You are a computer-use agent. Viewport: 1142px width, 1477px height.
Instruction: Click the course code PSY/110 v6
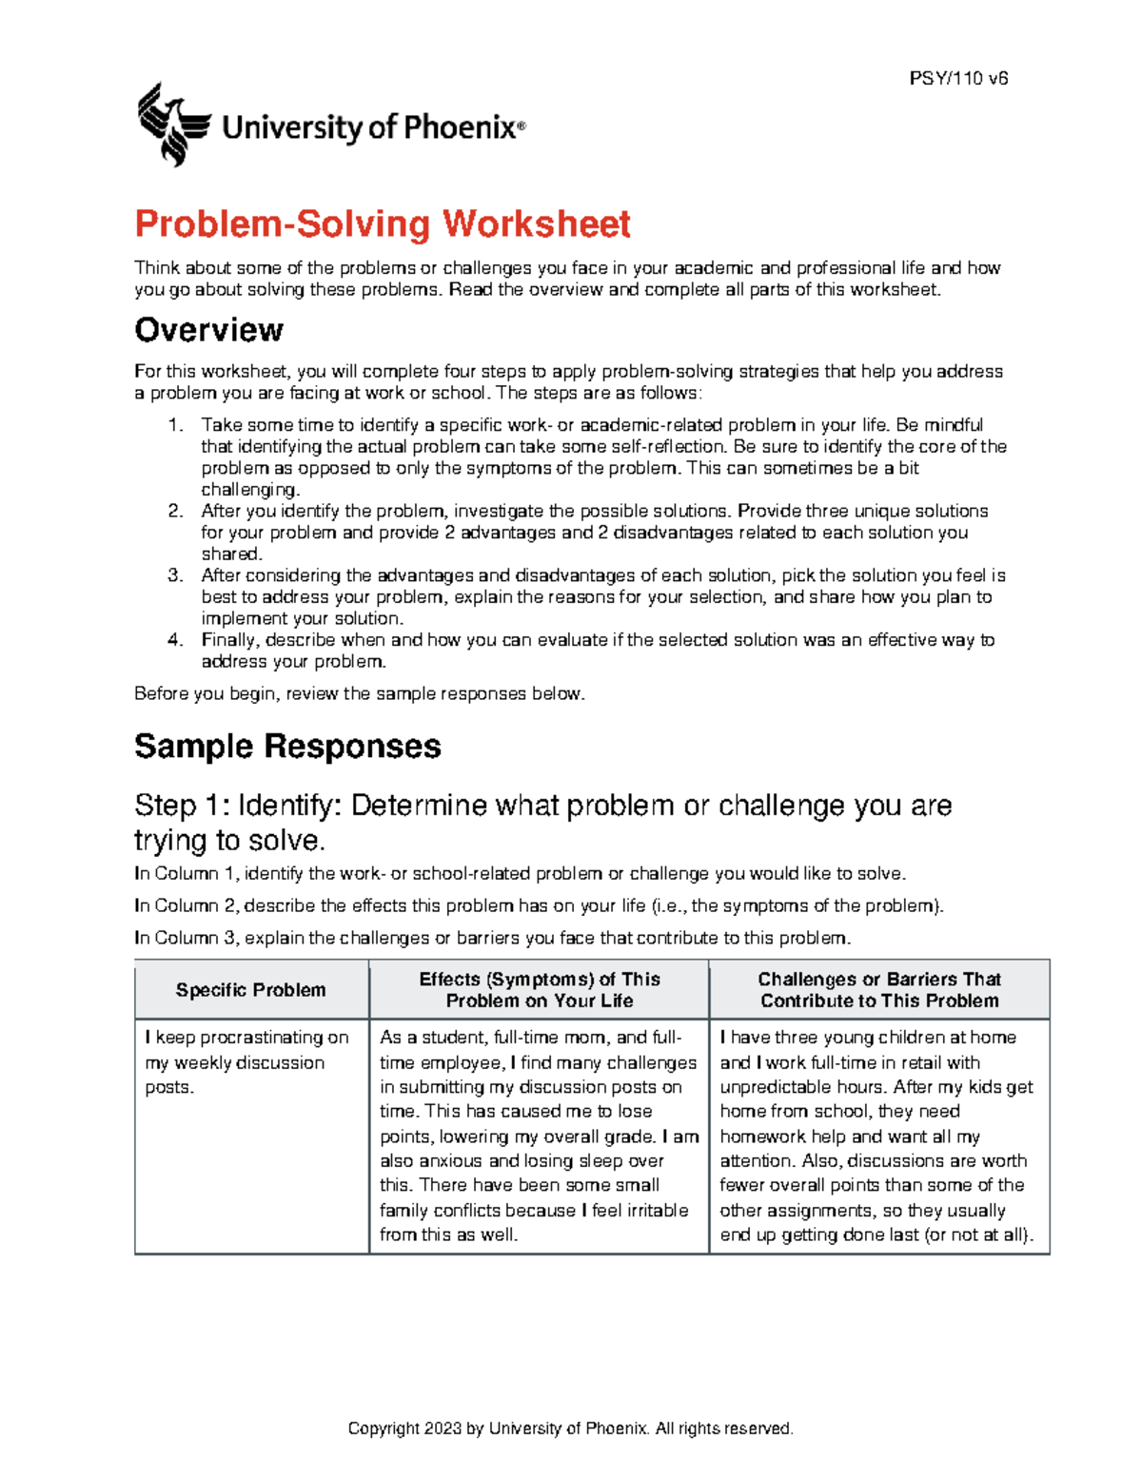tap(958, 79)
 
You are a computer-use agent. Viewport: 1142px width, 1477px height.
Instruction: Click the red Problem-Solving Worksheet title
tap(382, 224)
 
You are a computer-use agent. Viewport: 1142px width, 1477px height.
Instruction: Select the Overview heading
tap(208, 330)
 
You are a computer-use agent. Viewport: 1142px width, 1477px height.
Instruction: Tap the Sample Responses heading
tap(287, 746)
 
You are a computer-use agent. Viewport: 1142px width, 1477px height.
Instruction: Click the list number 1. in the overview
tap(175, 425)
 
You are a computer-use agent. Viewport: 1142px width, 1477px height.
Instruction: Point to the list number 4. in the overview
tap(175, 640)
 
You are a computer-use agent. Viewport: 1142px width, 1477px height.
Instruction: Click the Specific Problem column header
tap(250, 990)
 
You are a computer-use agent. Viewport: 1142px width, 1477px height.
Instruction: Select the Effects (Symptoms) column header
tap(539, 990)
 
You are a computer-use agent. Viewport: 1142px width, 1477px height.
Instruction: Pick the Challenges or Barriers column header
tap(879, 990)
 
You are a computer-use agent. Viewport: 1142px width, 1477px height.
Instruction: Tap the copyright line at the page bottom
tap(570, 1428)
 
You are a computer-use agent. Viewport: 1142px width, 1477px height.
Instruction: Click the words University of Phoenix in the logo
tap(373, 127)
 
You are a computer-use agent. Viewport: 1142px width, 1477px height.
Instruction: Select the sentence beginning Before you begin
tap(359, 693)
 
